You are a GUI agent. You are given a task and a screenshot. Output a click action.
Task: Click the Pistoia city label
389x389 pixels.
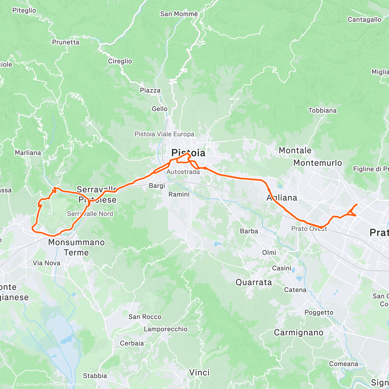(x=188, y=153)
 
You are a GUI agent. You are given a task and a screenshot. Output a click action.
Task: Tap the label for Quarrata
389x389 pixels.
(x=253, y=282)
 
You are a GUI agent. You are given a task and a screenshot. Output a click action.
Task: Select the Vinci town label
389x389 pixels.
(x=199, y=372)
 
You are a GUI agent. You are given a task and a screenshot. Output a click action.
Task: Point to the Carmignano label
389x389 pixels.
(x=299, y=333)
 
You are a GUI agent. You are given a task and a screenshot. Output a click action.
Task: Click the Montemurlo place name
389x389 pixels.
(x=317, y=163)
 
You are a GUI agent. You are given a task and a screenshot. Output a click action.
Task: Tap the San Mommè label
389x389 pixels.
(x=179, y=14)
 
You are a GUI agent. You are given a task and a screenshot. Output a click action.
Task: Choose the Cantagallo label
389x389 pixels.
(x=364, y=19)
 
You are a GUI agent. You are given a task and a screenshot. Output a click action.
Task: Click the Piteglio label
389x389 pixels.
(x=24, y=10)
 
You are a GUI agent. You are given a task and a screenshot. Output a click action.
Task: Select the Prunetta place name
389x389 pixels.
(x=65, y=42)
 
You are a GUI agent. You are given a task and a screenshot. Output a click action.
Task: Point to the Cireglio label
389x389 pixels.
(x=120, y=61)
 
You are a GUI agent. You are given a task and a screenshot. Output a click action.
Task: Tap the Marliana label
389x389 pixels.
(x=28, y=153)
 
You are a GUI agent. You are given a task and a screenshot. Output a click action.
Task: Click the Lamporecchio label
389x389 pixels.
(x=165, y=329)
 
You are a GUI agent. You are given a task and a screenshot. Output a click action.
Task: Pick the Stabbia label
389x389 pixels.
(x=95, y=376)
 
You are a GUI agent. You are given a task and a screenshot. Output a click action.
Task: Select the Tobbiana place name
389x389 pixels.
(x=322, y=111)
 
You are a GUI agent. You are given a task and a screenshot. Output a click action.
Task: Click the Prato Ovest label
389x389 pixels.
(x=309, y=229)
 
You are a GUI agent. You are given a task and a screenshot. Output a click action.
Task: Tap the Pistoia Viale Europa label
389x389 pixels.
(x=164, y=134)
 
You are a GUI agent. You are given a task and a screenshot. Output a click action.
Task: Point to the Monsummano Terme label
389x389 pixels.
(x=77, y=247)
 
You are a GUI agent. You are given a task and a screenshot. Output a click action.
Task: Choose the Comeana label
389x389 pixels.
(x=344, y=364)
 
